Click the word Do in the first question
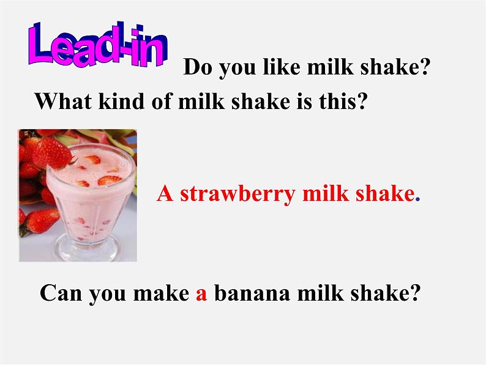tap(197, 68)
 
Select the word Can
tap(61, 294)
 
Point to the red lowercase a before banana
tap(203, 295)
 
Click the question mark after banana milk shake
tap(416, 294)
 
